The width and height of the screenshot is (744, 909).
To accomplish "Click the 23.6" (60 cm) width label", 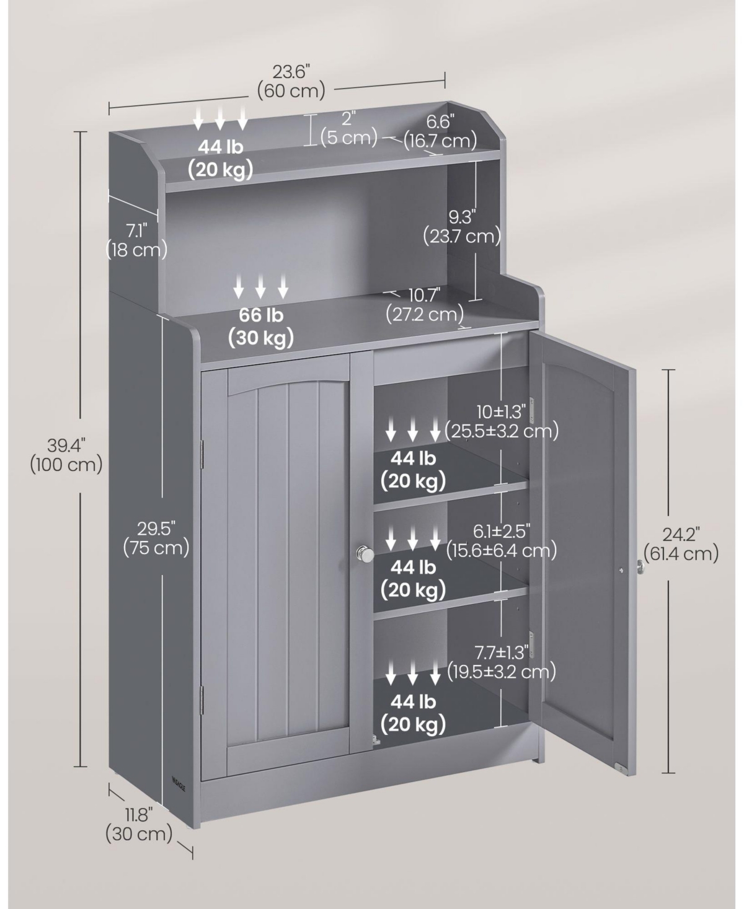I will point(291,81).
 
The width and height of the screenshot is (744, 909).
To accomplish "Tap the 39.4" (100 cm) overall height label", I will point(66,454).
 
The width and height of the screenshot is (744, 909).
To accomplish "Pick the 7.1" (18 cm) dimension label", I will point(136,240).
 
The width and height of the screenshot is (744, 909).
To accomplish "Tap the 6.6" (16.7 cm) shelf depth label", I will point(440,130).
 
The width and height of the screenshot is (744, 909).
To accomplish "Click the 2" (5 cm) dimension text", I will point(348,127).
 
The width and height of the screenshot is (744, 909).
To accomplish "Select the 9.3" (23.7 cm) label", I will point(462,226).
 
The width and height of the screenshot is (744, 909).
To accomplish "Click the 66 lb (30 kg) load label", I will point(261,326).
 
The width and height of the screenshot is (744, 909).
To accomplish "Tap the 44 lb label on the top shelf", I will point(220,158).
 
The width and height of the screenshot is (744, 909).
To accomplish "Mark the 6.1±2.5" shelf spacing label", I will point(502,540).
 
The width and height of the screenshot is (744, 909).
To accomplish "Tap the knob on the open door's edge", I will point(640,565).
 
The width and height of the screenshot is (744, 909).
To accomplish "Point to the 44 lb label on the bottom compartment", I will point(413,713).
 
